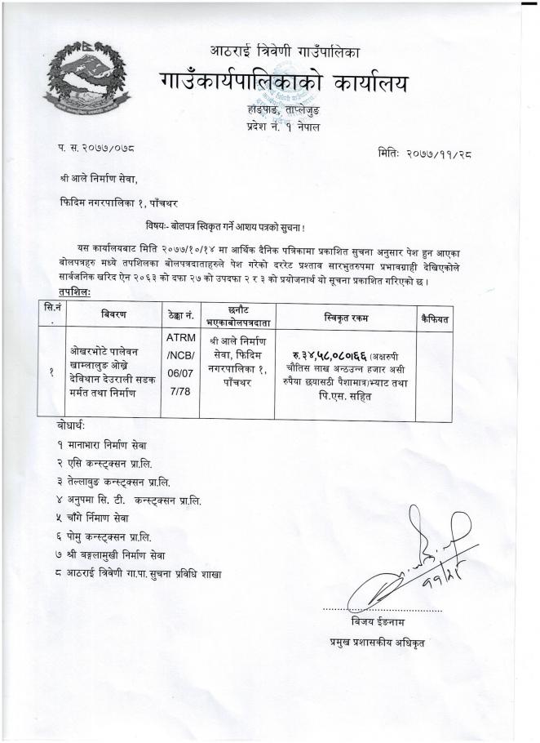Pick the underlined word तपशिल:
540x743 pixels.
click(x=74, y=292)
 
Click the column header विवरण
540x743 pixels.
click(x=113, y=314)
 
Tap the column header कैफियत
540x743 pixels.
click(x=433, y=314)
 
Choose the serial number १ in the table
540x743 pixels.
click(x=52, y=370)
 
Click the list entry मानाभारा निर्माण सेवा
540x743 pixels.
click(x=108, y=445)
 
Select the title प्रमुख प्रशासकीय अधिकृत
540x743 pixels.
click(x=377, y=643)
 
